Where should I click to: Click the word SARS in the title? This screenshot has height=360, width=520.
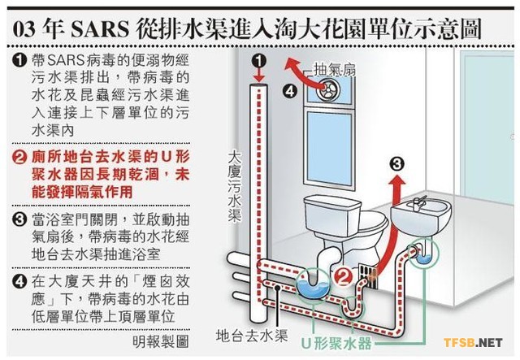(x=99, y=29)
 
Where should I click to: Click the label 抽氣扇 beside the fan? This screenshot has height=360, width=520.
(x=335, y=69)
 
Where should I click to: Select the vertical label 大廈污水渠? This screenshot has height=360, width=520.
(x=235, y=187)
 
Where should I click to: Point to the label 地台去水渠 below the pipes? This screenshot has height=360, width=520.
(x=252, y=336)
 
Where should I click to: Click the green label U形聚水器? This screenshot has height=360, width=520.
(x=336, y=344)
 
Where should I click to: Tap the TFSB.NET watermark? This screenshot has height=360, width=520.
(x=473, y=342)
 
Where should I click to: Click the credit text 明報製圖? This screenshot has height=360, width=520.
(x=161, y=341)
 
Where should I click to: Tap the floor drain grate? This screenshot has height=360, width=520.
(x=367, y=275)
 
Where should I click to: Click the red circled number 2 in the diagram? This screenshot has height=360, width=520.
(x=343, y=277)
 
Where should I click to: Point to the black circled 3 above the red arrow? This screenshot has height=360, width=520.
(x=397, y=164)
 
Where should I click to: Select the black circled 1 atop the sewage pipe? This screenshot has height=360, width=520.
(x=259, y=60)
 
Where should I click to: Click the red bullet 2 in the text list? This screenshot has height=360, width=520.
(x=19, y=158)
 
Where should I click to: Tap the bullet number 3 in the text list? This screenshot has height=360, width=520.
(x=19, y=219)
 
